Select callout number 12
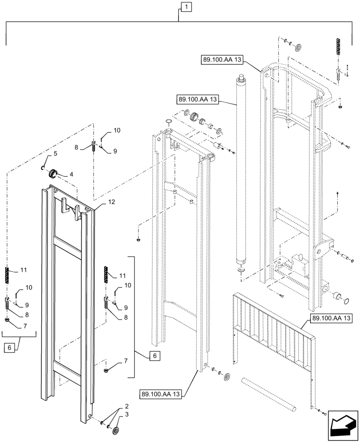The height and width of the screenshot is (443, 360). (111, 202)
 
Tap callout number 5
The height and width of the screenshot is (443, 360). (55, 154)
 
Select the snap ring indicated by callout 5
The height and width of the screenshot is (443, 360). (42, 167)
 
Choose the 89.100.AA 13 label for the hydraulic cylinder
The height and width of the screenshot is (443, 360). (198, 100)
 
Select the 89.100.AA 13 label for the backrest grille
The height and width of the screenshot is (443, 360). (331, 318)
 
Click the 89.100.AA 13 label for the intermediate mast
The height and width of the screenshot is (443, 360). (161, 393)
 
